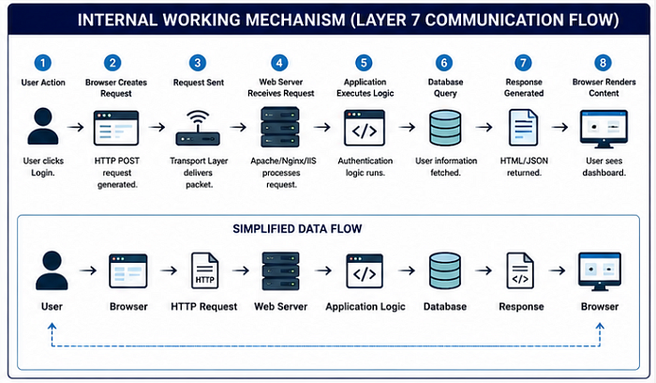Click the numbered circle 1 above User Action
pos(43,63)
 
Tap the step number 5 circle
pos(364,63)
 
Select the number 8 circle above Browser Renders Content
pos(603,63)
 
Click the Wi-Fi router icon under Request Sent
pos(198,128)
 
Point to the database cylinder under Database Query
pos(445,128)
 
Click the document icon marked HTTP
pos(204,270)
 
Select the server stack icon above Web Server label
pos(280,270)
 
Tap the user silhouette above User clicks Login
pos(43,126)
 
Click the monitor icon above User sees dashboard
pos(604,129)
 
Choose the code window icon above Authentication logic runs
pos(365,128)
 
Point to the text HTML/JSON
pos(524,161)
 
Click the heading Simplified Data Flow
pos(297,229)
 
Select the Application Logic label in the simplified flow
pos(365,307)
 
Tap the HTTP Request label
pos(203,307)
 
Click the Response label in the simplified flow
pos(521,307)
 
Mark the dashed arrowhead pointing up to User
pos(52,326)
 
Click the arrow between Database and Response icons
pos(484,270)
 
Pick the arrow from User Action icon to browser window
pos(76,127)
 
